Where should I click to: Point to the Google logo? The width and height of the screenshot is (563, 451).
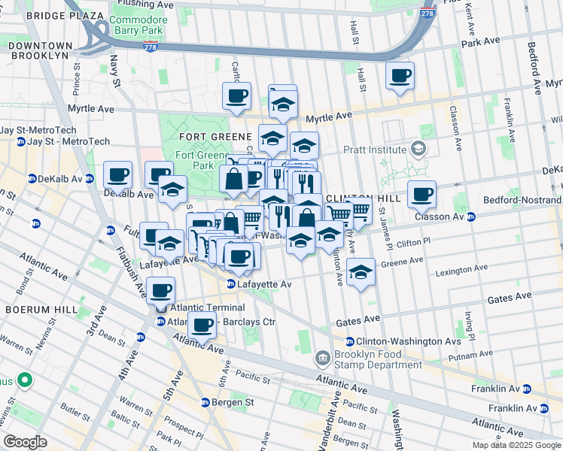coord(25,442)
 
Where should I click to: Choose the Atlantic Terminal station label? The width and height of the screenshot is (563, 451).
coord(207,307)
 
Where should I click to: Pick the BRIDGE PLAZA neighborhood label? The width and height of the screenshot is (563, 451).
coord(64,15)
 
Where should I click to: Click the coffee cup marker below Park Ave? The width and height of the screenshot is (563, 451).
coord(400,75)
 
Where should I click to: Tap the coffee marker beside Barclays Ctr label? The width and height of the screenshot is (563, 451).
coord(202,325)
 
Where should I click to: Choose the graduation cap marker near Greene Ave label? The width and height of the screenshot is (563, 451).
coord(361,271)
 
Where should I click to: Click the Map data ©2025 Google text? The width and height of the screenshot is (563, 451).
coord(516,445)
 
